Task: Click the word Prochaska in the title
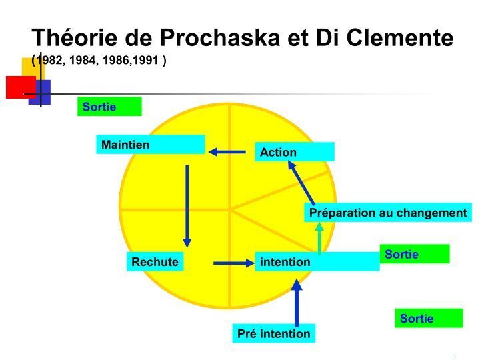220,37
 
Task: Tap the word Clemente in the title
400,37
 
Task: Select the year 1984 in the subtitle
82,60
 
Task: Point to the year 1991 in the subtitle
146,60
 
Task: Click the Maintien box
151,144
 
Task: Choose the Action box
295,152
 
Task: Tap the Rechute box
155,262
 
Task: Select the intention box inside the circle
317,262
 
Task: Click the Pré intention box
274,333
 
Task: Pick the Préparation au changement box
388,213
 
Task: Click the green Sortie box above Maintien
109,107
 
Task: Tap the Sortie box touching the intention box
415,254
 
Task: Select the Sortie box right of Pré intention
429,318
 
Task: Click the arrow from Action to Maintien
227,151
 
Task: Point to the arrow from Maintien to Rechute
187,206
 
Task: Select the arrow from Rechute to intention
234,263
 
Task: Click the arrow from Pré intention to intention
296,303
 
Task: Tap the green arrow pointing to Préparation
319,239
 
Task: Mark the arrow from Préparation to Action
301,183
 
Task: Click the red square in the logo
21,87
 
